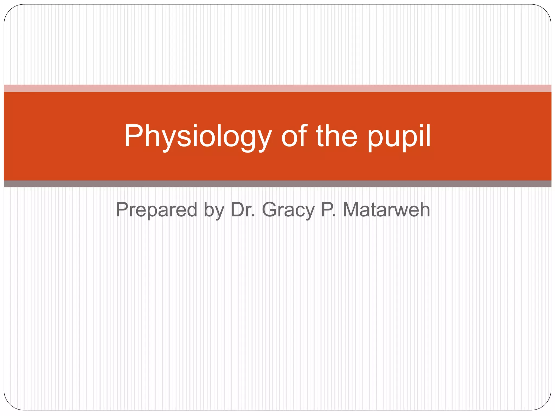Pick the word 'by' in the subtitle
point(214,210)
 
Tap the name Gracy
point(288,210)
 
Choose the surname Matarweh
point(386,210)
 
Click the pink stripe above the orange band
point(277,88)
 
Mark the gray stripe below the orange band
point(277,184)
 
